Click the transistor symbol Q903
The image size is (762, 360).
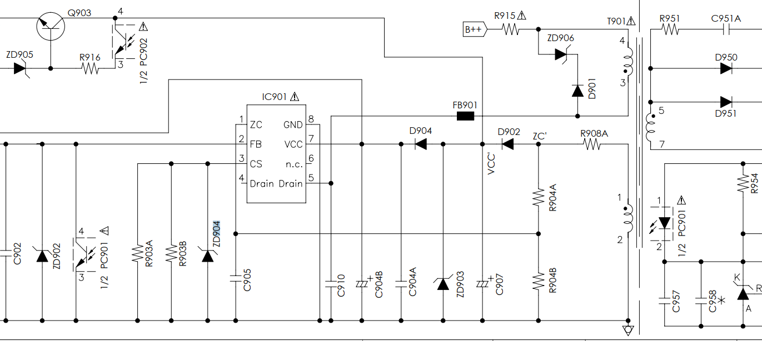(x=51, y=26)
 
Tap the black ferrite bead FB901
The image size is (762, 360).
(x=465, y=116)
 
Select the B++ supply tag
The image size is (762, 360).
(x=475, y=29)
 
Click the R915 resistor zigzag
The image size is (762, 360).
(x=511, y=29)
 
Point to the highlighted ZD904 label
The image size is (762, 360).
(x=217, y=233)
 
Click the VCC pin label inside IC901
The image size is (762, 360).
(x=293, y=144)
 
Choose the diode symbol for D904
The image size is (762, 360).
(x=421, y=144)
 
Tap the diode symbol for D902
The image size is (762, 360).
(x=508, y=144)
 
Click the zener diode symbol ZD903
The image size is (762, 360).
(x=443, y=284)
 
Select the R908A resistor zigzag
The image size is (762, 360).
(x=592, y=144)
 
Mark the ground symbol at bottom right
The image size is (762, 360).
(x=628, y=331)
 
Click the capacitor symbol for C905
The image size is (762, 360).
(x=236, y=279)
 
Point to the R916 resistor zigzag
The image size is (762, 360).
(x=90, y=69)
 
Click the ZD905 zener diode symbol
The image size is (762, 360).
(x=21, y=69)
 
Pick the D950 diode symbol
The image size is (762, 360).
(x=726, y=69)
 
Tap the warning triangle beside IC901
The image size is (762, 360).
(x=295, y=97)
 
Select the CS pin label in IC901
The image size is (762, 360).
(x=256, y=164)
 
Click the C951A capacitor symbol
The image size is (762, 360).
(x=726, y=30)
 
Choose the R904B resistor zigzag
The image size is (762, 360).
(x=539, y=281)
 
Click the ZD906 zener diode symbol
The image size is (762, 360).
(x=562, y=54)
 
